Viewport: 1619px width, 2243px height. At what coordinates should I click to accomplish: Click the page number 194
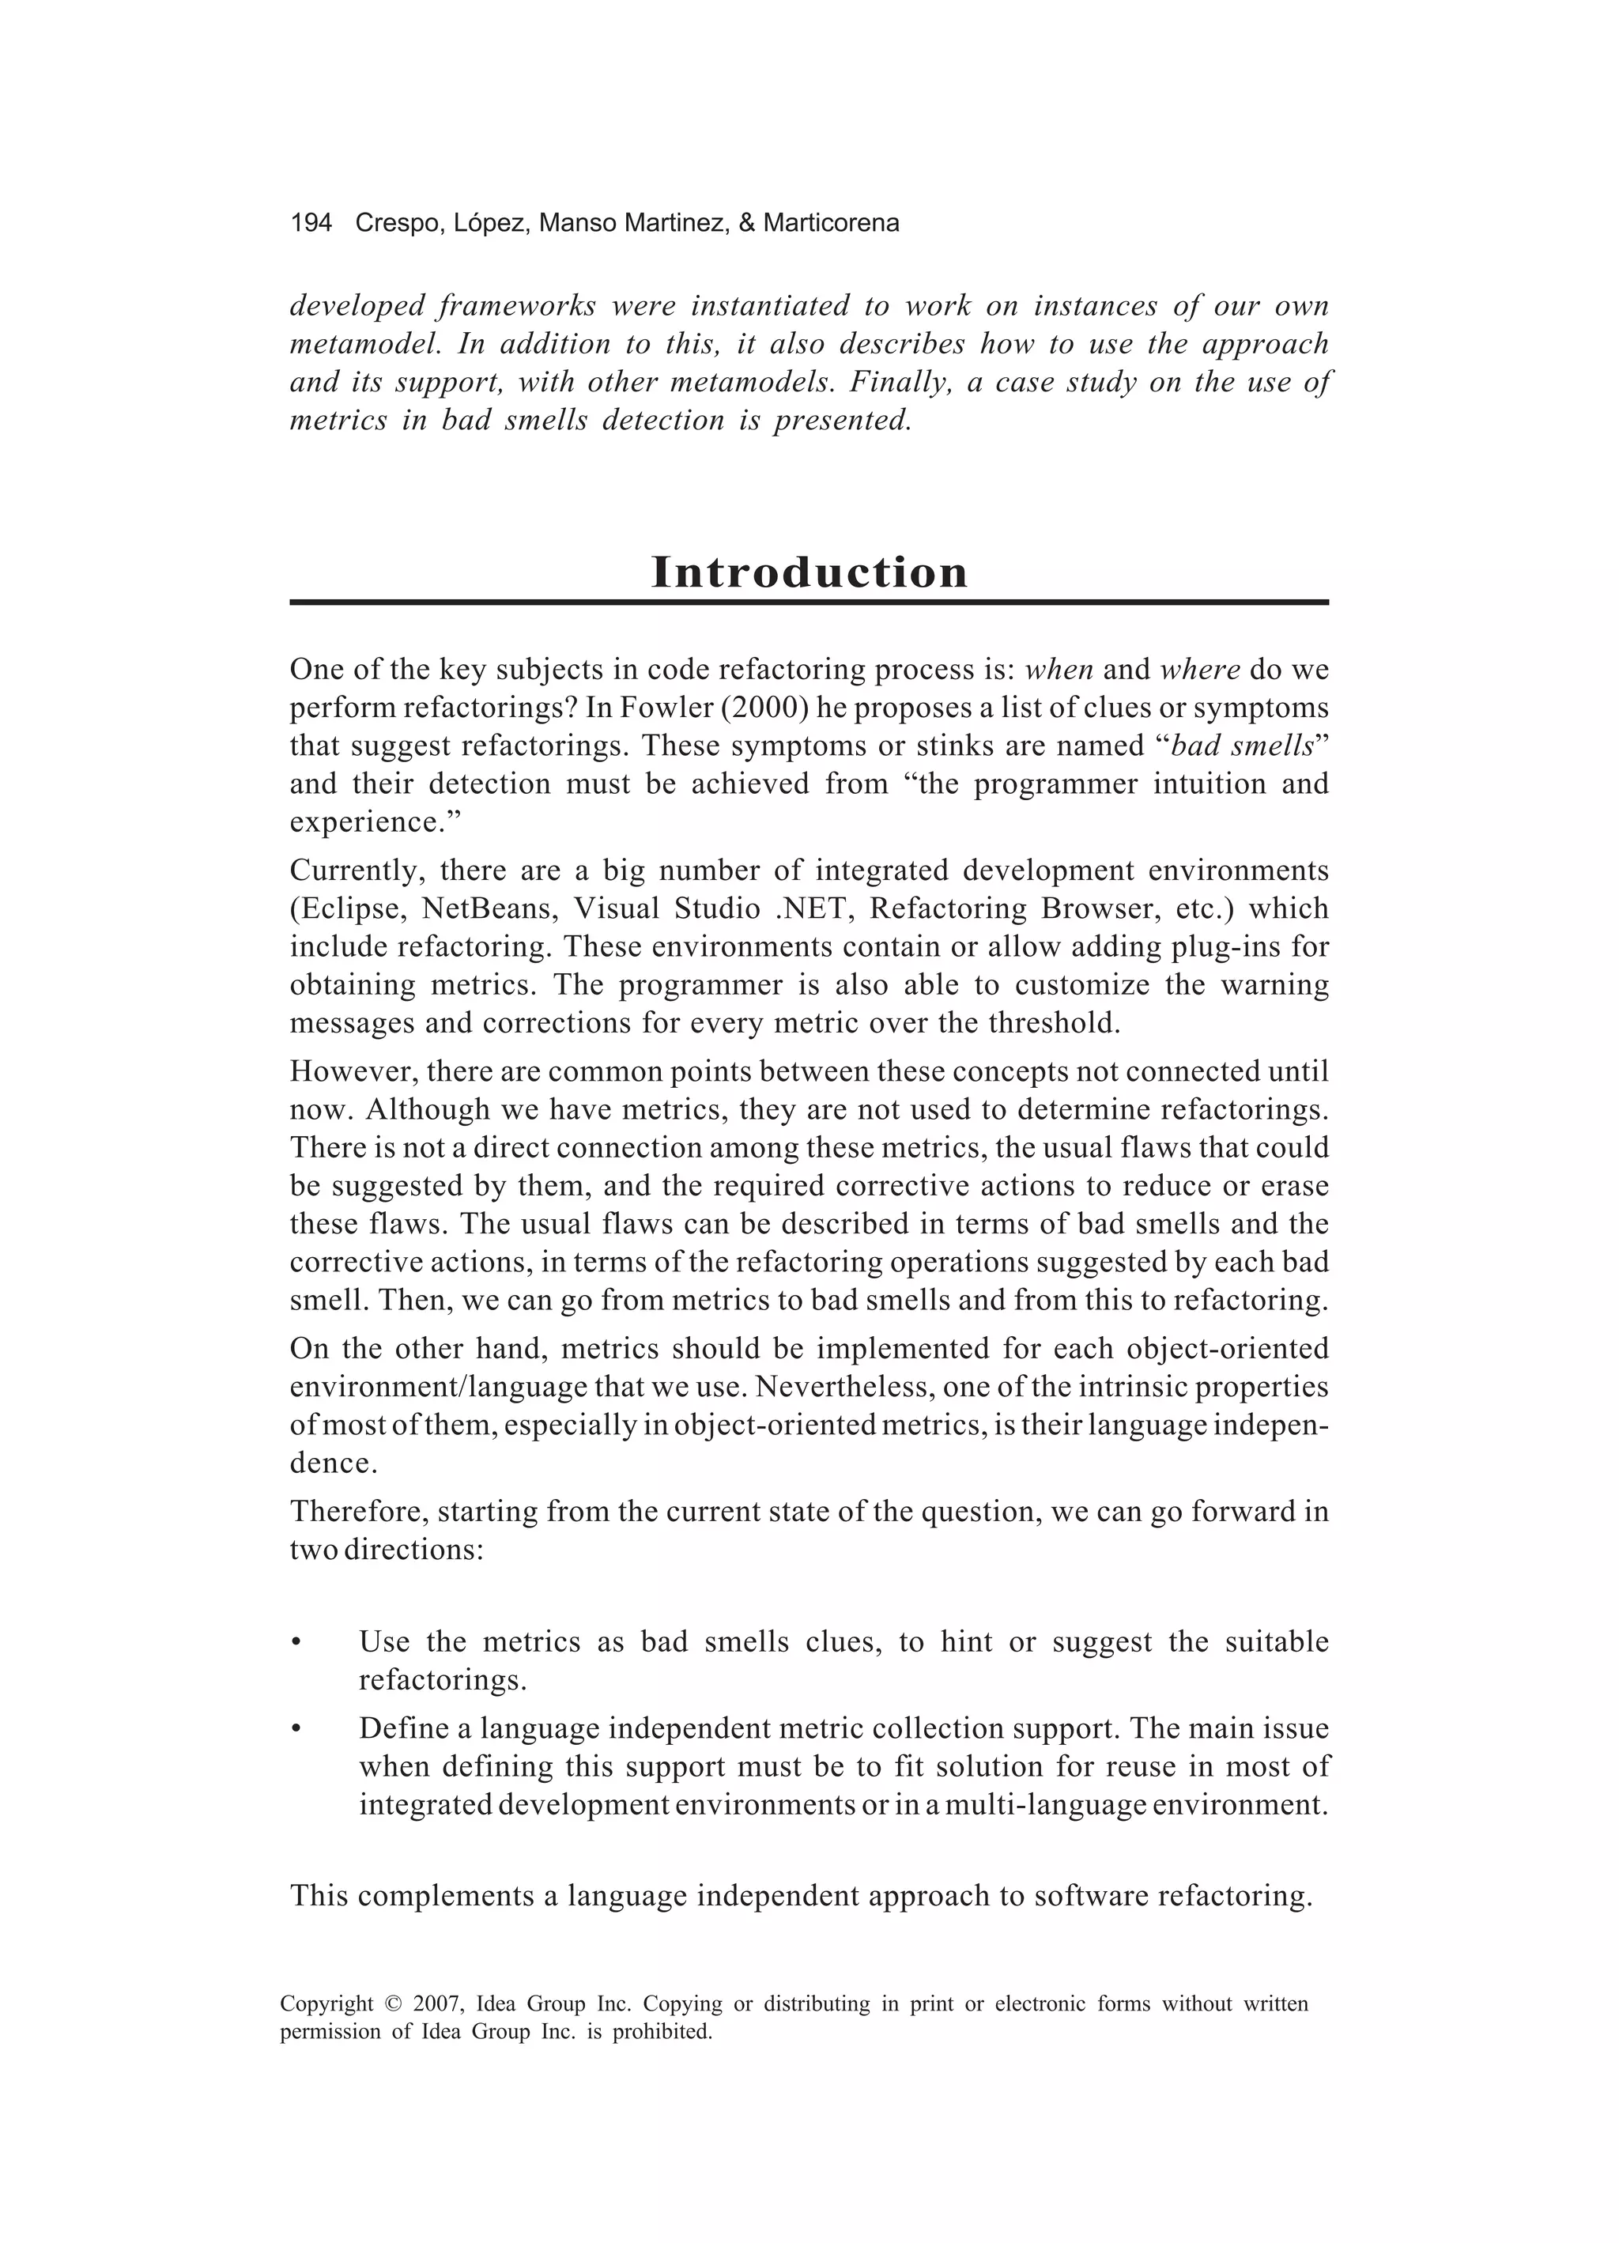click(x=311, y=224)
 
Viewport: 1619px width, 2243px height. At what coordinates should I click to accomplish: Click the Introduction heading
click(x=809, y=572)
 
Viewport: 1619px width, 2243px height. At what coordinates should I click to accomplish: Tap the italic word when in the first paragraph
click(x=1059, y=670)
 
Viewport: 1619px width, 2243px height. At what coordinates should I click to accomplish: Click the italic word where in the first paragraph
click(x=1200, y=670)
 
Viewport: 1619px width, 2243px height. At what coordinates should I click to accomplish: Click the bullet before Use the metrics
click(x=295, y=1644)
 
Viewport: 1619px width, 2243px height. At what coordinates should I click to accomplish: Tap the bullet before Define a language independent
click(x=295, y=1730)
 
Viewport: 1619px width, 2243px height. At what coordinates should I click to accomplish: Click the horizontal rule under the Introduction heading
click(x=809, y=602)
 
